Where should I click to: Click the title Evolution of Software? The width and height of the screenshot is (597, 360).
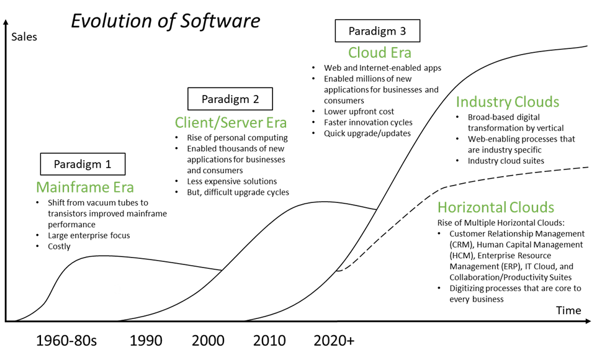pyautogui.click(x=165, y=20)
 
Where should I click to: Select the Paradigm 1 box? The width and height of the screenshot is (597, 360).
pyautogui.click(x=83, y=164)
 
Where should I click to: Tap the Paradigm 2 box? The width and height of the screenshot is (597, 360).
pyautogui.click(x=230, y=99)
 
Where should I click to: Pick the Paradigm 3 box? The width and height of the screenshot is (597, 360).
pyautogui.click(x=377, y=30)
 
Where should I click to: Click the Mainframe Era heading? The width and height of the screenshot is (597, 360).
pyautogui.click(x=85, y=187)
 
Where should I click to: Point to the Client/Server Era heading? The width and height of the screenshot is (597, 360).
pyautogui.click(x=231, y=122)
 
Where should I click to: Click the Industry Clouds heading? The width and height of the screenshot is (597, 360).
pyautogui.click(x=508, y=102)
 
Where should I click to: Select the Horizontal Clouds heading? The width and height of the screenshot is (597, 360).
pyautogui.click(x=496, y=207)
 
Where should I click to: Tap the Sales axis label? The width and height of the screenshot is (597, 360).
pyautogui.click(x=24, y=37)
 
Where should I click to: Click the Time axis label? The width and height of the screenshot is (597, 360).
pyautogui.click(x=568, y=310)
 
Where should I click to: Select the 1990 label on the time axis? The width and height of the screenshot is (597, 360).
pyautogui.click(x=146, y=341)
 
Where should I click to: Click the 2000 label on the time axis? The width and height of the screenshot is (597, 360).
pyautogui.click(x=208, y=341)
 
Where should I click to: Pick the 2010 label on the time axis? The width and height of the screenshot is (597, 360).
pyautogui.click(x=269, y=341)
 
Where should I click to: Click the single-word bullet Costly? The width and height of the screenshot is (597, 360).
pyautogui.click(x=60, y=246)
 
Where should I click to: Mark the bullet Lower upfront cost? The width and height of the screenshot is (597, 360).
pyautogui.click(x=359, y=112)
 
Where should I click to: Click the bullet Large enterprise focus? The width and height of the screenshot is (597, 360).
pyautogui.click(x=89, y=235)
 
